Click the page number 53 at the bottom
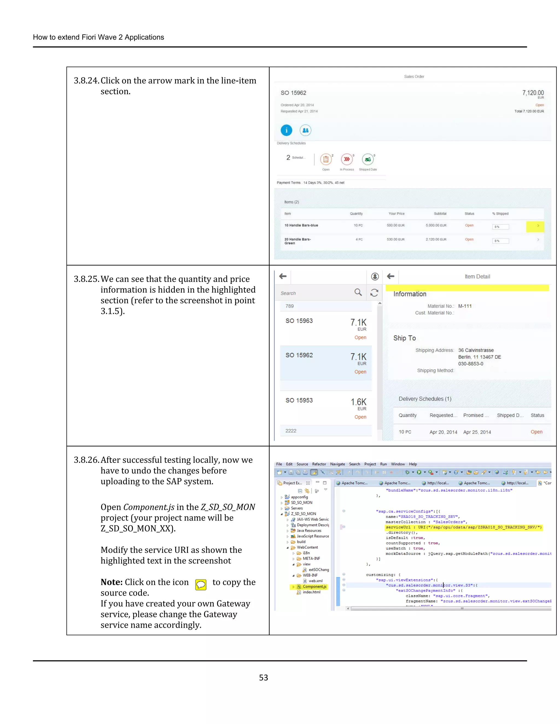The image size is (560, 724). (263, 678)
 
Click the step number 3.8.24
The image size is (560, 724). (86, 81)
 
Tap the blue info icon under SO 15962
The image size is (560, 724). (286, 130)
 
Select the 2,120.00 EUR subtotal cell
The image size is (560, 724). (436, 239)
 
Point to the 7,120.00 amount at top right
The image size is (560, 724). (533, 93)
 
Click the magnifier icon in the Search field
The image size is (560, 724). (358, 292)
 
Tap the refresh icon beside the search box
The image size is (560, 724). (374, 293)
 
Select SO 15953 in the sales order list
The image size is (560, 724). (299, 401)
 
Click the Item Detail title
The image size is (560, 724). (477, 276)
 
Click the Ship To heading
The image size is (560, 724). (404, 338)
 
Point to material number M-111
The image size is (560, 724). (465, 306)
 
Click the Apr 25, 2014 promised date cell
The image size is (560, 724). (477, 432)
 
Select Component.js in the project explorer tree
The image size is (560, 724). (314, 586)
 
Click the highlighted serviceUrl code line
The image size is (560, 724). (463, 527)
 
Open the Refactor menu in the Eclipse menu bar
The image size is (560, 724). (319, 464)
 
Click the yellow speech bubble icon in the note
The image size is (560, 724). (201, 585)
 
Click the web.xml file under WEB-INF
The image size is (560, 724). (315, 581)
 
